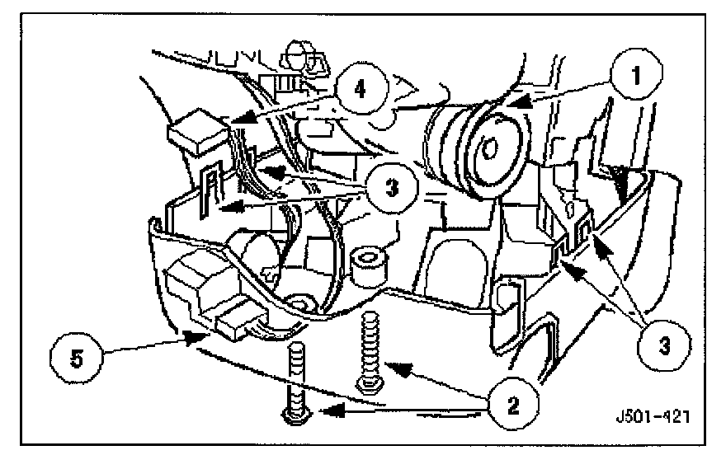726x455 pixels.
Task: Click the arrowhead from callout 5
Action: point(188,336)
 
